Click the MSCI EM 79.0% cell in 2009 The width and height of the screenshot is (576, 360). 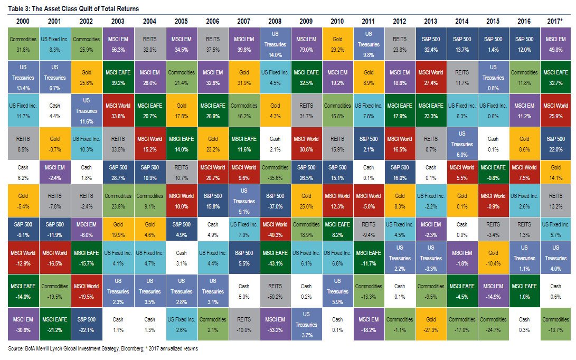(x=306, y=44)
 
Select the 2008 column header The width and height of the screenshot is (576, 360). (x=275, y=21)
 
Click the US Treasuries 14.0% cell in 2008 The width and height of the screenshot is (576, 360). (x=275, y=43)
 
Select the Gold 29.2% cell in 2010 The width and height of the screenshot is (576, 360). (x=337, y=44)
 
